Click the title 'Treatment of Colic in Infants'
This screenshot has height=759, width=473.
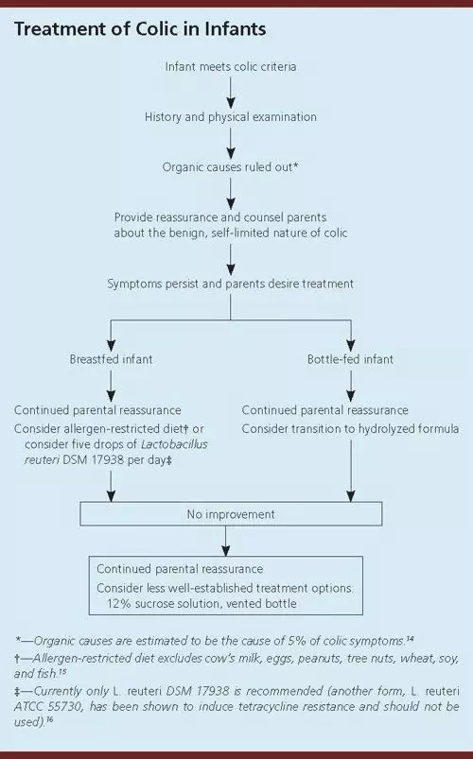click(140, 29)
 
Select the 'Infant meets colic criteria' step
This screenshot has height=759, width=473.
click(231, 66)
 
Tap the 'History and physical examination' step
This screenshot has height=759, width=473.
click(231, 116)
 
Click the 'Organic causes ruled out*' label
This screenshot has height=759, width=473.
click(230, 167)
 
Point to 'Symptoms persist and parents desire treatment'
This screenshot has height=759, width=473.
click(230, 284)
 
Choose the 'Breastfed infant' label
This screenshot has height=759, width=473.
click(111, 359)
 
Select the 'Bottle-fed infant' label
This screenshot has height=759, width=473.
click(350, 359)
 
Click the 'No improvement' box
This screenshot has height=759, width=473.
click(231, 513)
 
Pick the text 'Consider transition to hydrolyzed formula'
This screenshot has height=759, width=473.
click(350, 429)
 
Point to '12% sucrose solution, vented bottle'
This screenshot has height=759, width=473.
click(201, 604)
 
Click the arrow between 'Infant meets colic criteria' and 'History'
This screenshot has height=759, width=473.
click(231, 92)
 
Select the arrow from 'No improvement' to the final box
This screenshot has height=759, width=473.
click(226, 541)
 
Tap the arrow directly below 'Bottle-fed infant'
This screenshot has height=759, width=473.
click(350, 386)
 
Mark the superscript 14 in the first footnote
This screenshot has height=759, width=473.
click(410, 639)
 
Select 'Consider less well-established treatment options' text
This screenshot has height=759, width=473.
click(225, 588)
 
